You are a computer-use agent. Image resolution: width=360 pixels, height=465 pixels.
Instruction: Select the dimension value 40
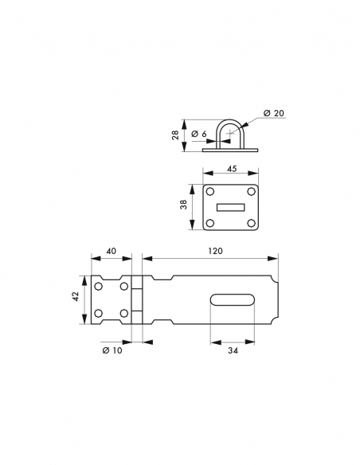coord(112,251)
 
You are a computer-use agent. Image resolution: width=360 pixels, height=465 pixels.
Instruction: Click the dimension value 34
coord(232,350)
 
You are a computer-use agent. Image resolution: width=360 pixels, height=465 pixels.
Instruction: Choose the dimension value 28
coord(175,135)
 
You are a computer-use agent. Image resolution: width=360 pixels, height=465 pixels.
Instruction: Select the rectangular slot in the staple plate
coord(233,208)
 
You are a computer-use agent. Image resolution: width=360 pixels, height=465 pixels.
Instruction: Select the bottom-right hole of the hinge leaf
coord(124,312)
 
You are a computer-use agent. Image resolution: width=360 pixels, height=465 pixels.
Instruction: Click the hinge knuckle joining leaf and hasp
coord(136,299)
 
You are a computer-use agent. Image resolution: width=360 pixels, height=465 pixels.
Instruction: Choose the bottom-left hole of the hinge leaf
coord(99,312)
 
